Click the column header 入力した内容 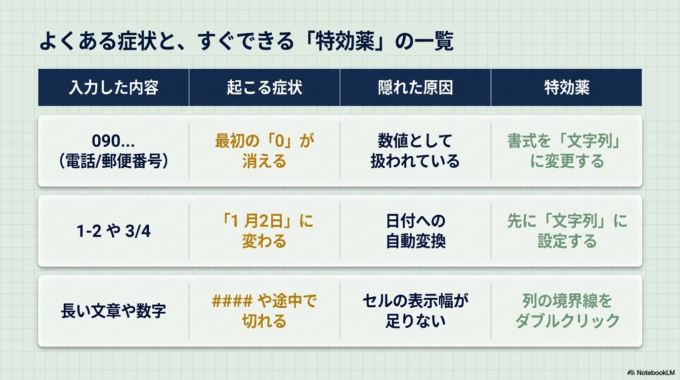(113, 88)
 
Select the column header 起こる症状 (264, 88)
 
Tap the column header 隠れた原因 (415, 88)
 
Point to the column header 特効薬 (566, 88)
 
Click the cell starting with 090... (113, 150)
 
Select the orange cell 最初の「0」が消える (264, 150)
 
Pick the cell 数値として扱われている (415, 150)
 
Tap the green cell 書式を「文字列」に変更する (566, 150)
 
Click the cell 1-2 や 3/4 (113, 231)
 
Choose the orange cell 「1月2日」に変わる (264, 231)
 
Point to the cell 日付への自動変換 (415, 231)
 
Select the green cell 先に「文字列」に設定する (566, 231)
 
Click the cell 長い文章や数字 (113, 310)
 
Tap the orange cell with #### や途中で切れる (264, 310)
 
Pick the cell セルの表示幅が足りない (415, 310)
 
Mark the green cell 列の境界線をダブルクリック (566, 310)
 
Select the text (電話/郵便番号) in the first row (113, 161)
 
